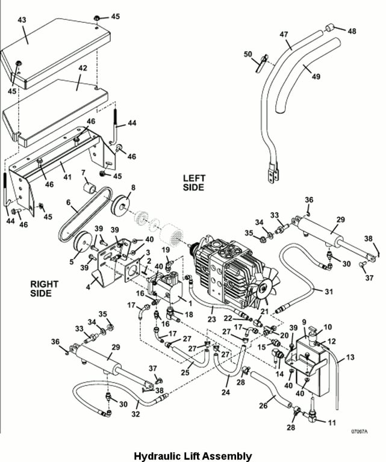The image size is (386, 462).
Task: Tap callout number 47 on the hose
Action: click(284, 35)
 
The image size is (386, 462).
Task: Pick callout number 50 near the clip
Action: click(248, 55)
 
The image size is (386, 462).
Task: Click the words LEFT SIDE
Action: click(194, 183)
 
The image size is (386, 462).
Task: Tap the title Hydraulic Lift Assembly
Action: click(193, 456)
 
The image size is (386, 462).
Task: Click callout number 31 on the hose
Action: click(328, 292)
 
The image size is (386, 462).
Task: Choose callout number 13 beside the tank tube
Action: click(349, 358)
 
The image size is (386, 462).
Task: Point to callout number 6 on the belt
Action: click(68, 202)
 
